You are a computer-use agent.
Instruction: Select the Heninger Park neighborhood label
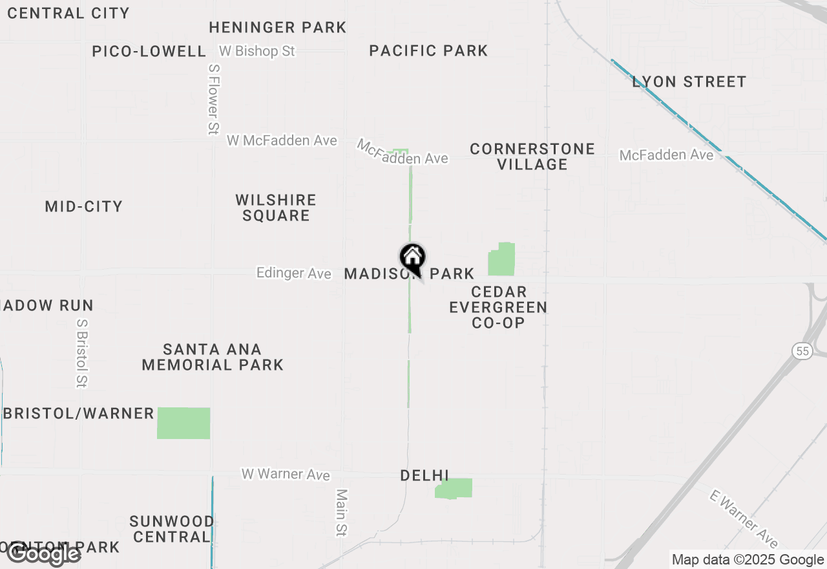point(278,27)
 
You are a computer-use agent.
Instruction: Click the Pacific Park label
point(428,50)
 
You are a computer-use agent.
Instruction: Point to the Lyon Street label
point(689,81)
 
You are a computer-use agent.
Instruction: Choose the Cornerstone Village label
point(532,156)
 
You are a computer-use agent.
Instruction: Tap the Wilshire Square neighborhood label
point(276,208)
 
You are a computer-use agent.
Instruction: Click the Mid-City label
point(84,206)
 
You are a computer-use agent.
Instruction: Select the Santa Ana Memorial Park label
point(213,357)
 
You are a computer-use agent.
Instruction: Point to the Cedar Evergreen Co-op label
point(498,307)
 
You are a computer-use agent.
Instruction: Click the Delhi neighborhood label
point(424,475)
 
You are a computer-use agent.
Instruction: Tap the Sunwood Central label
point(172,529)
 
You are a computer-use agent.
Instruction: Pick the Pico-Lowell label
point(149,51)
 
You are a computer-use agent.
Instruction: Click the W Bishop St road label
point(257,50)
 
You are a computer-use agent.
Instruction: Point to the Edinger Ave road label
point(294,273)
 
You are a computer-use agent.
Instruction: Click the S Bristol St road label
point(81,352)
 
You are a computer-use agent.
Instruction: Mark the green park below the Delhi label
point(454,488)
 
